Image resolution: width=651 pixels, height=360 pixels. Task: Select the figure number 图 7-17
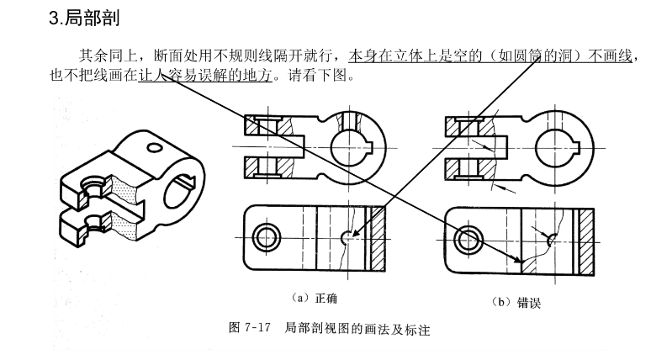pos(248,328)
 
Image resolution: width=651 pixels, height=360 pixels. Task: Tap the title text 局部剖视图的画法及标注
pos(357,328)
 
